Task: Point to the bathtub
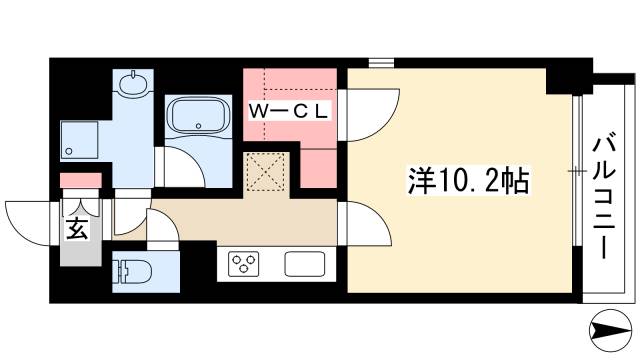[199, 119]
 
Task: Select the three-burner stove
[244, 264]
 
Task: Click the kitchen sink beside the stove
[304, 265]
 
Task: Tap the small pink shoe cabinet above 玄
[80, 180]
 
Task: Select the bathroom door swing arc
[180, 165]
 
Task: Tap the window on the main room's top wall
[380, 64]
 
